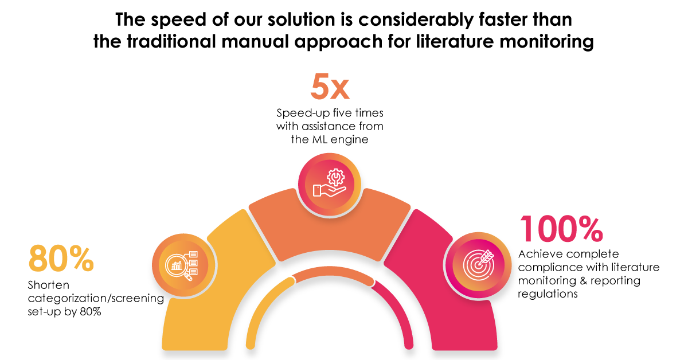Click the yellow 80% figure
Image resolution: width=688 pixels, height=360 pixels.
[x=61, y=259]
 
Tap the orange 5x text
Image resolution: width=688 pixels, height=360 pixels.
[x=330, y=88]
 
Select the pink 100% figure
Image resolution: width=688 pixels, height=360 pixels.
[x=561, y=229]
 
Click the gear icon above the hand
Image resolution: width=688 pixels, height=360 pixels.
[x=333, y=176]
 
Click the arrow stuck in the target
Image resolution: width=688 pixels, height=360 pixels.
[x=485, y=256]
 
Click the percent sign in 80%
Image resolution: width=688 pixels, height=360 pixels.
[x=80, y=260]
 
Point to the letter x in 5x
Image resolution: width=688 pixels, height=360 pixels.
[x=340, y=89]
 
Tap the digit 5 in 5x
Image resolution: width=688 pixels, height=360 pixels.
[x=319, y=87]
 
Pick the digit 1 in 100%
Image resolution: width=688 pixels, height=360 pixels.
[x=526, y=229]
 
